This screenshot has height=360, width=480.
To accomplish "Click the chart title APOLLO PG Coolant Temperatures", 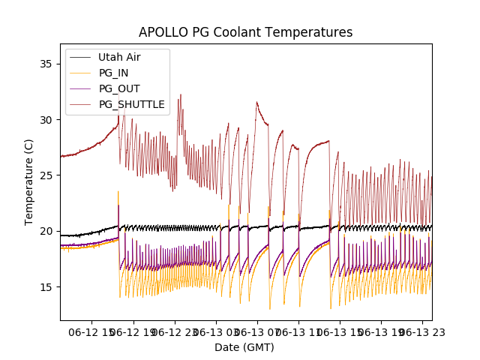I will click(x=245, y=32).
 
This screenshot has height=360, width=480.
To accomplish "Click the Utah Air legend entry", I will click(x=119, y=57).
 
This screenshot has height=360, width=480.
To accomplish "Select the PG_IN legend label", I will click(x=113, y=73).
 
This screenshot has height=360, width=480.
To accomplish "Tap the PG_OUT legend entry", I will click(x=118, y=88).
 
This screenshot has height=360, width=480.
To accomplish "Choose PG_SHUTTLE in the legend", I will click(x=131, y=104).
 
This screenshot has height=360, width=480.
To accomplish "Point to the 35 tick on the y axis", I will click(x=47, y=64).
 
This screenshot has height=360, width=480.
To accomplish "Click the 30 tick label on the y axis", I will click(x=47, y=119).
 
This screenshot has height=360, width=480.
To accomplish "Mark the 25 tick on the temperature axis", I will click(x=47, y=175).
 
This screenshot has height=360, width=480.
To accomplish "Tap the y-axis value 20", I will click(x=47, y=231).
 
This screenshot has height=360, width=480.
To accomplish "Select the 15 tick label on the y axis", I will click(x=47, y=286).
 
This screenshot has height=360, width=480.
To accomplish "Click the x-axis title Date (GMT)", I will click(x=244, y=347).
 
